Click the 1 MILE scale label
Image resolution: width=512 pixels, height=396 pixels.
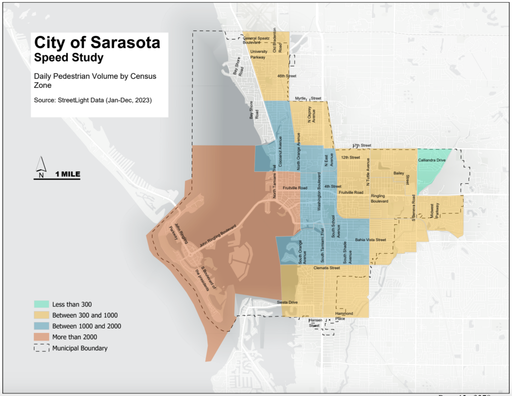tap(67, 174)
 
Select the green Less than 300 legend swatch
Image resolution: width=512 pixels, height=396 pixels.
tap(41, 304)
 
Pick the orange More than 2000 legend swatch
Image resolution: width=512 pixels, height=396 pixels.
tap(41, 337)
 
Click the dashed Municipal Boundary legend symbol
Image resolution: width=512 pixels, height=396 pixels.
tap(41, 348)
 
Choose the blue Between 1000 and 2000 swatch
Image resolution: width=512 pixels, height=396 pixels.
tap(41, 326)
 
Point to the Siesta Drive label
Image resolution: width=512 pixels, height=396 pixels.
tap(287, 302)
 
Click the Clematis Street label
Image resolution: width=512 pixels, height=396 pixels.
tap(326, 268)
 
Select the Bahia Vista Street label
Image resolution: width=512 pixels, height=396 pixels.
tap(370, 240)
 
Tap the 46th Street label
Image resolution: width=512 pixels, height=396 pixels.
tap(287, 76)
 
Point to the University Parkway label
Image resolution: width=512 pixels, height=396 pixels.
tap(258, 54)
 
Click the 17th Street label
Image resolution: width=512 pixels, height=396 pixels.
tap(362, 145)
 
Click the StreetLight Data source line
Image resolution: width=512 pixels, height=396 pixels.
tap(92, 100)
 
